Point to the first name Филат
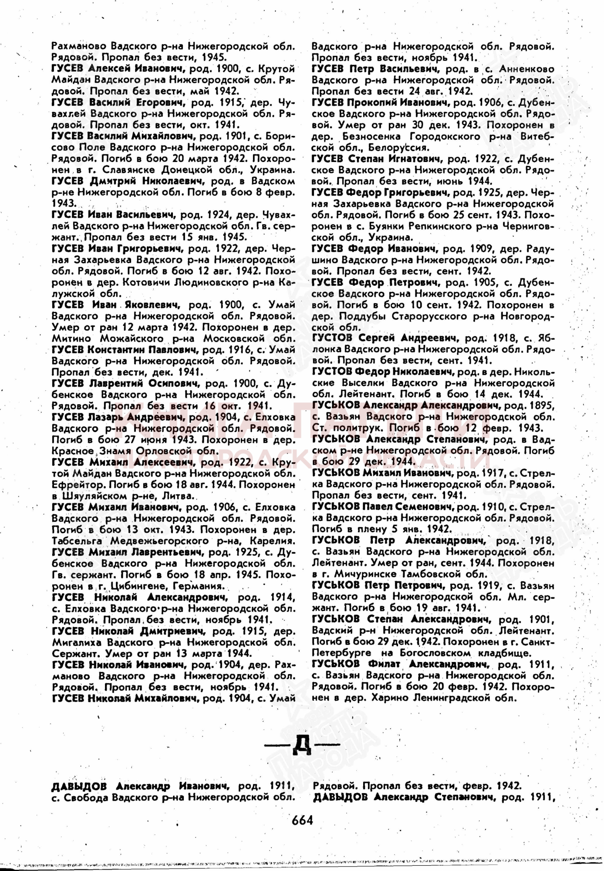[382, 664]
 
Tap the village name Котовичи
[145, 282]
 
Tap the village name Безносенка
[356, 136]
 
